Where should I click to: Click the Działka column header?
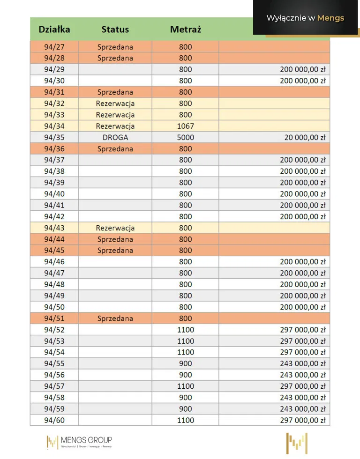[x=54, y=29]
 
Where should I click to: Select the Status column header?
[x=115, y=29]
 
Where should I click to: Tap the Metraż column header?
[x=185, y=29]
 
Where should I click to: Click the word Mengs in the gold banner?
[x=330, y=18]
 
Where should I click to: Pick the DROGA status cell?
[x=115, y=137]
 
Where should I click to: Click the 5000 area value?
[x=185, y=137]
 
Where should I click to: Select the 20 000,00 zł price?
[x=304, y=137]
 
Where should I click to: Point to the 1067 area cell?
[x=185, y=126]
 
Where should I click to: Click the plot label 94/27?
[x=54, y=47]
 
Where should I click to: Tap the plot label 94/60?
[x=54, y=420]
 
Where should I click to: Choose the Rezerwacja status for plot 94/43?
[x=115, y=228]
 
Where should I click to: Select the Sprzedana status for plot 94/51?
[x=115, y=318]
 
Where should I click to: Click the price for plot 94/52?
[x=302, y=330]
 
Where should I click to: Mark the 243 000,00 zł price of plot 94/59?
[x=302, y=409]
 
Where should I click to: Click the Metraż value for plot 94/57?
[x=185, y=386]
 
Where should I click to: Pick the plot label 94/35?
[x=54, y=137]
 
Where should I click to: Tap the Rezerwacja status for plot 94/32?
[x=115, y=104]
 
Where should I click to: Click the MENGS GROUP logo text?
[x=86, y=440]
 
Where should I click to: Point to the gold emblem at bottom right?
[x=297, y=443]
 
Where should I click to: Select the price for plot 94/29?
[x=302, y=69]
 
